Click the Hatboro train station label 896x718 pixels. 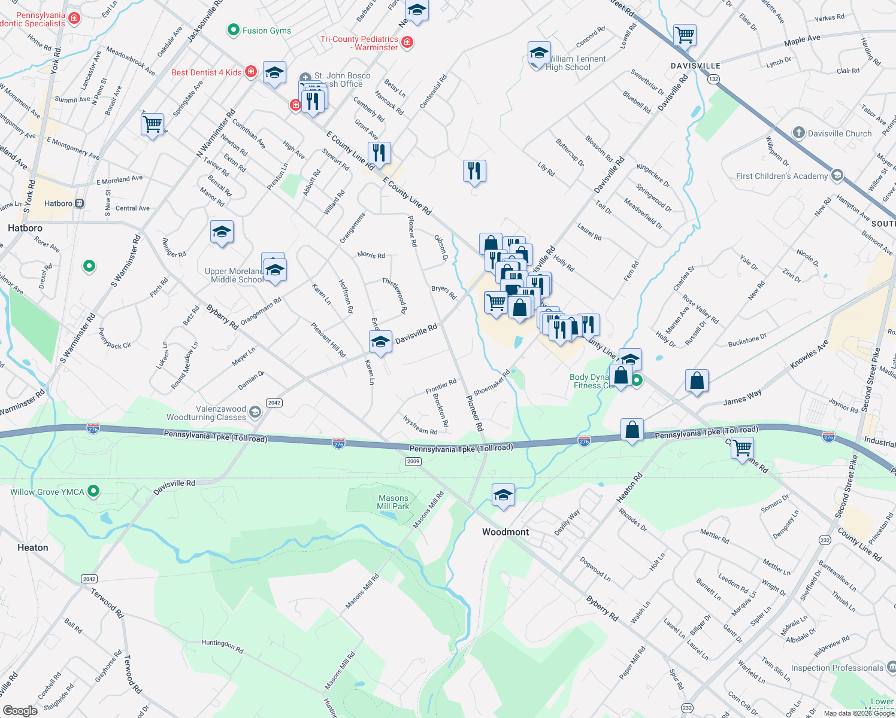(58, 203)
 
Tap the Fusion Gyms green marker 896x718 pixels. (233, 30)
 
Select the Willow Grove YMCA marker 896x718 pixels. (93, 491)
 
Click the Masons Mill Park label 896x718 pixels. (393, 502)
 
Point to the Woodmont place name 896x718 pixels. (505, 532)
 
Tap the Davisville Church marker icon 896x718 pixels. (798, 133)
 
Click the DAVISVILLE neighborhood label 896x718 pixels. (695, 65)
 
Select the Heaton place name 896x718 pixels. (33, 547)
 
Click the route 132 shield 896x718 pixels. (713, 79)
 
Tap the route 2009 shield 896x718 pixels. (413, 461)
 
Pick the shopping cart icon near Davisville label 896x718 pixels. (685, 34)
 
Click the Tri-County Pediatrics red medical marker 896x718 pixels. (407, 42)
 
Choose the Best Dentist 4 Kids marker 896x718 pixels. (251, 72)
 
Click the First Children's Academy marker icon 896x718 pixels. (837, 175)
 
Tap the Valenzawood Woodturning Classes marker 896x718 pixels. (255, 412)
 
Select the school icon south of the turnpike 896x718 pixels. (503, 495)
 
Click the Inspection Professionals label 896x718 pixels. (837, 668)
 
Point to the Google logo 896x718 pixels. (20, 710)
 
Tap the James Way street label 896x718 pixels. (742, 397)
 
